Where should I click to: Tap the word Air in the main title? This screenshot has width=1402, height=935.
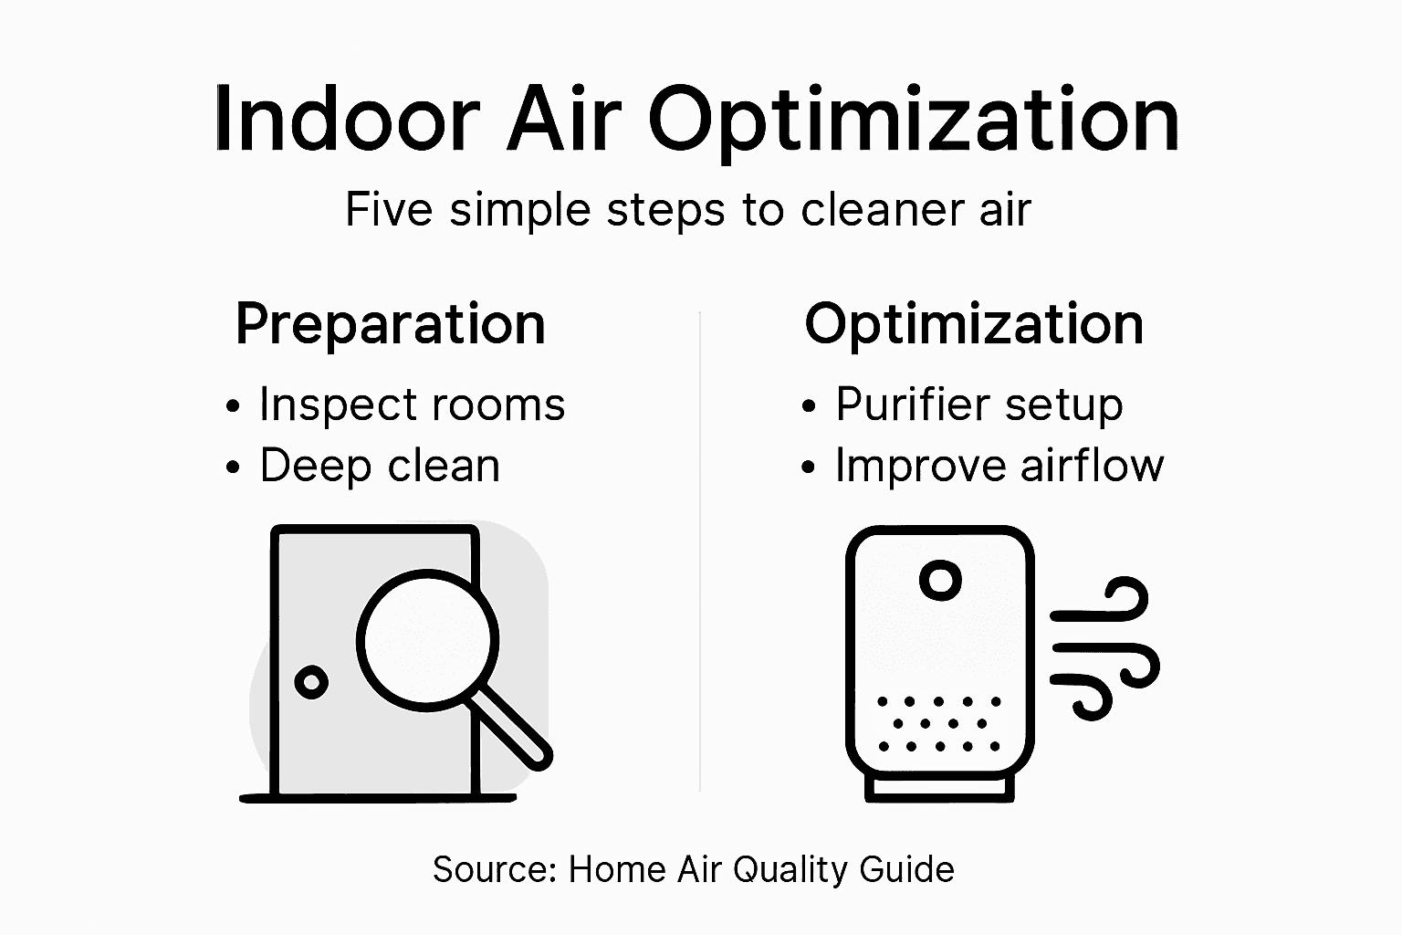[x=564, y=120]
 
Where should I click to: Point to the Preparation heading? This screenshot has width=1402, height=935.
[x=391, y=324]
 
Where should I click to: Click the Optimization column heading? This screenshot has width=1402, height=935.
[x=974, y=324]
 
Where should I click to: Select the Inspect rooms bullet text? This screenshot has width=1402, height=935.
[x=412, y=404]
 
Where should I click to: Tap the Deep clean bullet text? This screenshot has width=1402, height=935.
[x=380, y=466]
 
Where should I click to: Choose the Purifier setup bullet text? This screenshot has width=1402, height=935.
[x=978, y=404]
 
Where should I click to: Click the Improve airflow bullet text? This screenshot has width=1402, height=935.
[x=999, y=466]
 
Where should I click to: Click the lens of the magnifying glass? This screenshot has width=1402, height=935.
[x=427, y=639]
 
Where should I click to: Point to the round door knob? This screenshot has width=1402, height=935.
[x=311, y=682]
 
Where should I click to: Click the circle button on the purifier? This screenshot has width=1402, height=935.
[x=940, y=580]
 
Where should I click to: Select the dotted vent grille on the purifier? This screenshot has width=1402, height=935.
[x=939, y=723]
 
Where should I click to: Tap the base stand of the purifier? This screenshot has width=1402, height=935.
[x=939, y=788]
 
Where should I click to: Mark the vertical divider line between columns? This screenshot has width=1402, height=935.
[x=700, y=548]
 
